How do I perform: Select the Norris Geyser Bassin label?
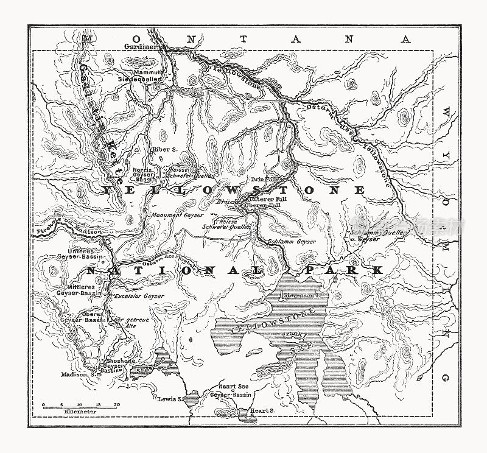coord(144,175)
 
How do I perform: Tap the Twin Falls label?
coord(264,180)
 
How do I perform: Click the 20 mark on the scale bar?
coord(117,404)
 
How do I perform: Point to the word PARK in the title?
coord(350,269)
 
